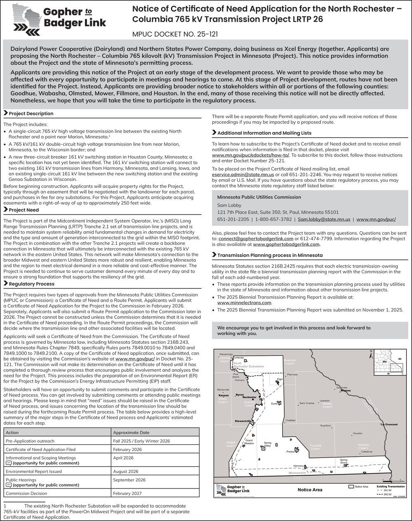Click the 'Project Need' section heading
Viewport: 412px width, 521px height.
(x=23, y=210)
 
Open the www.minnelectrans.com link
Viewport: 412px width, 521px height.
(x=244, y=302)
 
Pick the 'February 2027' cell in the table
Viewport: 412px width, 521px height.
(x=127, y=493)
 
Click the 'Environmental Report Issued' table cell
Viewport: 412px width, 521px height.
(x=34, y=472)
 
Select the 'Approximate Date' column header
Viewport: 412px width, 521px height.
(x=131, y=433)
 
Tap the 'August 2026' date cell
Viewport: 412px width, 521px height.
(x=126, y=472)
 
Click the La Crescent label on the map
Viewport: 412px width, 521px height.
(x=389, y=424)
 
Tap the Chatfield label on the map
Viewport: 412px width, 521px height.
(x=291, y=421)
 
